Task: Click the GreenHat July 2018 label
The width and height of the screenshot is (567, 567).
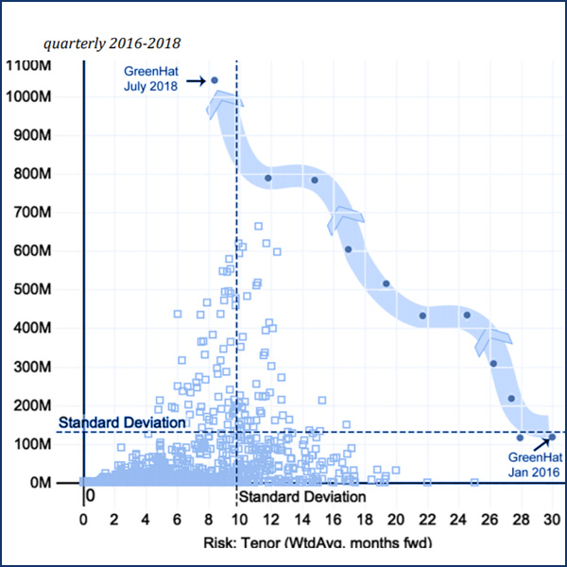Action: (144, 78)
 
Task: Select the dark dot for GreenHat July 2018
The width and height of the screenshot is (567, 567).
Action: (215, 80)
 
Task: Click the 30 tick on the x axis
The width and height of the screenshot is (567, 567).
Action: (551, 519)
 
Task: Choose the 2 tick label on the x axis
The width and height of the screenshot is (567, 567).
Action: (114, 519)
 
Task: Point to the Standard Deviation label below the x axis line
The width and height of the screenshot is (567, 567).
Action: (301, 497)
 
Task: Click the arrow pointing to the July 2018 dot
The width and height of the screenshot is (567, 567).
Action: (195, 81)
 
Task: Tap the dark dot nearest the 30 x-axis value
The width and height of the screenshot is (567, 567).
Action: (552, 437)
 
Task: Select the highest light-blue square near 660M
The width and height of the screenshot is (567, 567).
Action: (259, 227)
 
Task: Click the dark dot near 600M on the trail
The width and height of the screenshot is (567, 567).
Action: (348, 249)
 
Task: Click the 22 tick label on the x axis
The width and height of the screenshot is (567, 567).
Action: (426, 519)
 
